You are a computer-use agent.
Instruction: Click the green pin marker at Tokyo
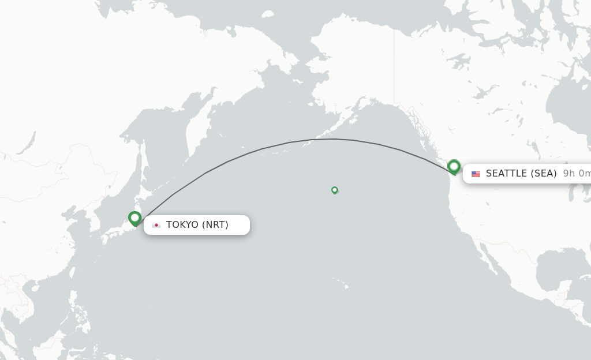click(x=134, y=218)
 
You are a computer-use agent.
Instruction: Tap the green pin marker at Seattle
click(x=454, y=167)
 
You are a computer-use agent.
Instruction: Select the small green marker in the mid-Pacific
click(x=334, y=190)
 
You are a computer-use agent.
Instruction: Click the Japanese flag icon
click(x=156, y=225)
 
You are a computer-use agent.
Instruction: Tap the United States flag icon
click(x=476, y=174)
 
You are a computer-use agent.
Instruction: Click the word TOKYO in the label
click(x=182, y=225)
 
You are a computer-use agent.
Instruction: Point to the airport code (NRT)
click(x=215, y=225)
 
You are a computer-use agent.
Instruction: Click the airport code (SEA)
click(x=544, y=174)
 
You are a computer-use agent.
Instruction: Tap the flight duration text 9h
click(x=569, y=174)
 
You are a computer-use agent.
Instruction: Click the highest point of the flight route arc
click(x=334, y=139)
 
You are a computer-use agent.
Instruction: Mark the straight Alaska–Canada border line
click(x=394, y=63)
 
